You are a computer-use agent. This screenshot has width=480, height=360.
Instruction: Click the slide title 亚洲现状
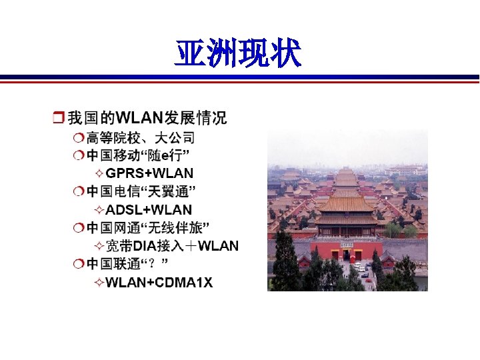pos(238,53)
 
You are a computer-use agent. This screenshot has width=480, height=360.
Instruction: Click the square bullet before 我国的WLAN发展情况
pos(58,119)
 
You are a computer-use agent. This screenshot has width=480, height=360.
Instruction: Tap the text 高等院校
pos(109,138)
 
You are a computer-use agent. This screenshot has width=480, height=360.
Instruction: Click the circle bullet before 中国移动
pos(79,156)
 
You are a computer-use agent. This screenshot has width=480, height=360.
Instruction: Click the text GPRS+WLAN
pos(149,174)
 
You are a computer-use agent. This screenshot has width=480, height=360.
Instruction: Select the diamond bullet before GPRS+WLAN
pos(99,174)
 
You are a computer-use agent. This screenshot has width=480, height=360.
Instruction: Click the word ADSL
pos(122,210)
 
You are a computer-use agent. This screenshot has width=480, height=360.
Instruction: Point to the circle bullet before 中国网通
pos(79,228)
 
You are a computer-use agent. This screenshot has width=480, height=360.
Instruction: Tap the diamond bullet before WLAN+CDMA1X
pos(99,283)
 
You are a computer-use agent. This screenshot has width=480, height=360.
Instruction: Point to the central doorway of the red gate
pos(347,255)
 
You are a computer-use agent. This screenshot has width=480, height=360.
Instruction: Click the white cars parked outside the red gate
pos(360,267)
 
